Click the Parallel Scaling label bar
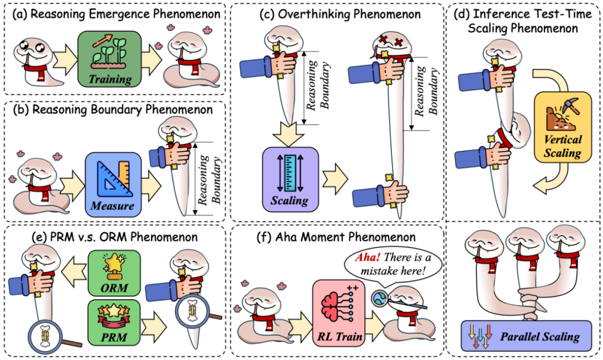[x=525, y=337]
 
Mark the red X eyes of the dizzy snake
[x=390, y=41]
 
